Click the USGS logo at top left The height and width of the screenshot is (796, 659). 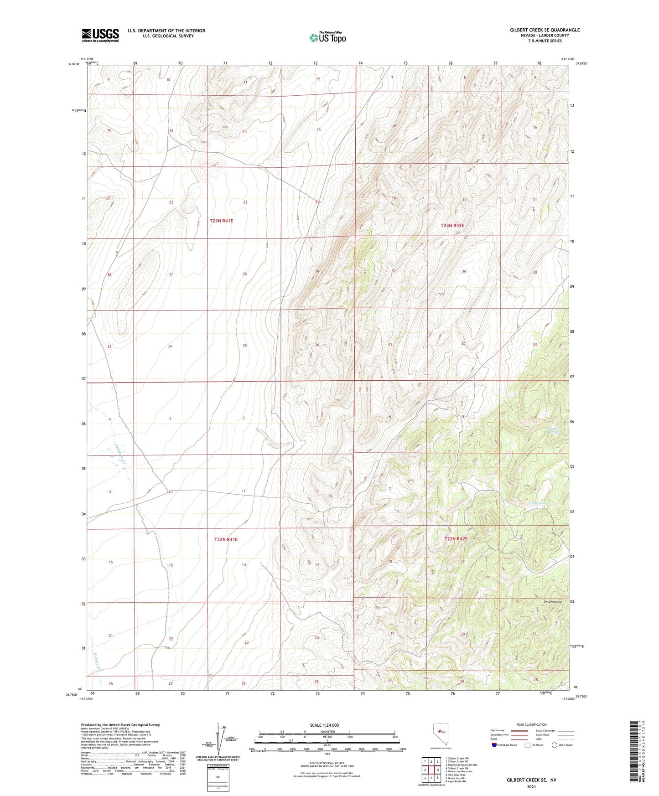100,35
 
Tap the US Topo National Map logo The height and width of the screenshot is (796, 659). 327,37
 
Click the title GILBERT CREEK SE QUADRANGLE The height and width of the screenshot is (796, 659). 545,30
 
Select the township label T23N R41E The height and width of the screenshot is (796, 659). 221,221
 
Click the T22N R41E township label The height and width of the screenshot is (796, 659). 226,539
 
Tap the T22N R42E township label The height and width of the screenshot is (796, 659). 456,539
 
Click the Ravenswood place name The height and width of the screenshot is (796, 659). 552,602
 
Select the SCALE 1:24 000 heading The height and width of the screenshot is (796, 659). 324,725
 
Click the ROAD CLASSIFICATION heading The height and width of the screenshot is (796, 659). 531,724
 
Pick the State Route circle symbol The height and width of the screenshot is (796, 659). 555,745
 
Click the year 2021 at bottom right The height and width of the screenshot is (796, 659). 531,787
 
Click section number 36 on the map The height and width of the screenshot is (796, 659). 317,345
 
